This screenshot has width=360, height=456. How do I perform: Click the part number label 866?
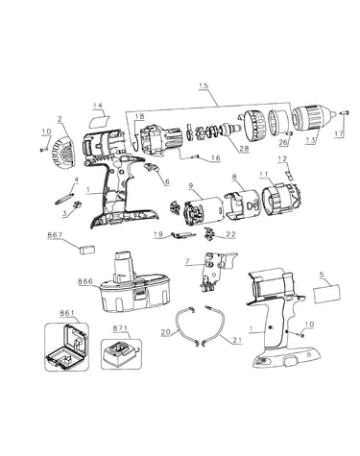point(85,281)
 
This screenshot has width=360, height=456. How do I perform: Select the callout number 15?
point(204,85)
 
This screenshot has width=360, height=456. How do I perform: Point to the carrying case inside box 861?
point(65,347)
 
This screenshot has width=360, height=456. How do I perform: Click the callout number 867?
point(55,235)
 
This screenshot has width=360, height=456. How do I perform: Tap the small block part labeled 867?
point(86,250)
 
